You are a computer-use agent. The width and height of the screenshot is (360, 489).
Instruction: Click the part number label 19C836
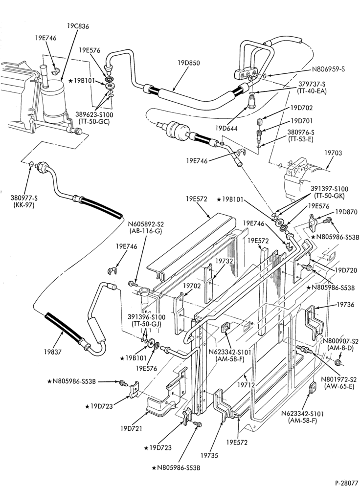78,26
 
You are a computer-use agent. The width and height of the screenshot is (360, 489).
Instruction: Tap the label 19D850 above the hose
189,63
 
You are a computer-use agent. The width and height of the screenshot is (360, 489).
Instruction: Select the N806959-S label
328,69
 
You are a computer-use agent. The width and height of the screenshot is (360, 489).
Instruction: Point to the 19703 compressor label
333,153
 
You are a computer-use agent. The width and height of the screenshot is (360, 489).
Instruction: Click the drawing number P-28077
347,483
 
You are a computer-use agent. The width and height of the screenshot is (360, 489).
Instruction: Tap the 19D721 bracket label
132,428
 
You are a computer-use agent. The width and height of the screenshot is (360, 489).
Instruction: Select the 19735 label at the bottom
209,456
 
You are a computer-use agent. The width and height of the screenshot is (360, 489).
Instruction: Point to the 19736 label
345,304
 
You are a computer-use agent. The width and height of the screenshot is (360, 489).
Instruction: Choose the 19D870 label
346,212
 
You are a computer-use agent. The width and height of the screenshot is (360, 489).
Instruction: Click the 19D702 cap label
301,108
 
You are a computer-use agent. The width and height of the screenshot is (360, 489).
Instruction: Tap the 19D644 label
226,128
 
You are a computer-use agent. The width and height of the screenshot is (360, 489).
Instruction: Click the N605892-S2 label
146,224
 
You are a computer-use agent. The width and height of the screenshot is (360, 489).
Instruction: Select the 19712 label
246,385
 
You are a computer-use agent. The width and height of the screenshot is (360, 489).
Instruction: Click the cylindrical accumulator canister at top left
52,101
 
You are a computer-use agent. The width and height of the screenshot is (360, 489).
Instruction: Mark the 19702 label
192,286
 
